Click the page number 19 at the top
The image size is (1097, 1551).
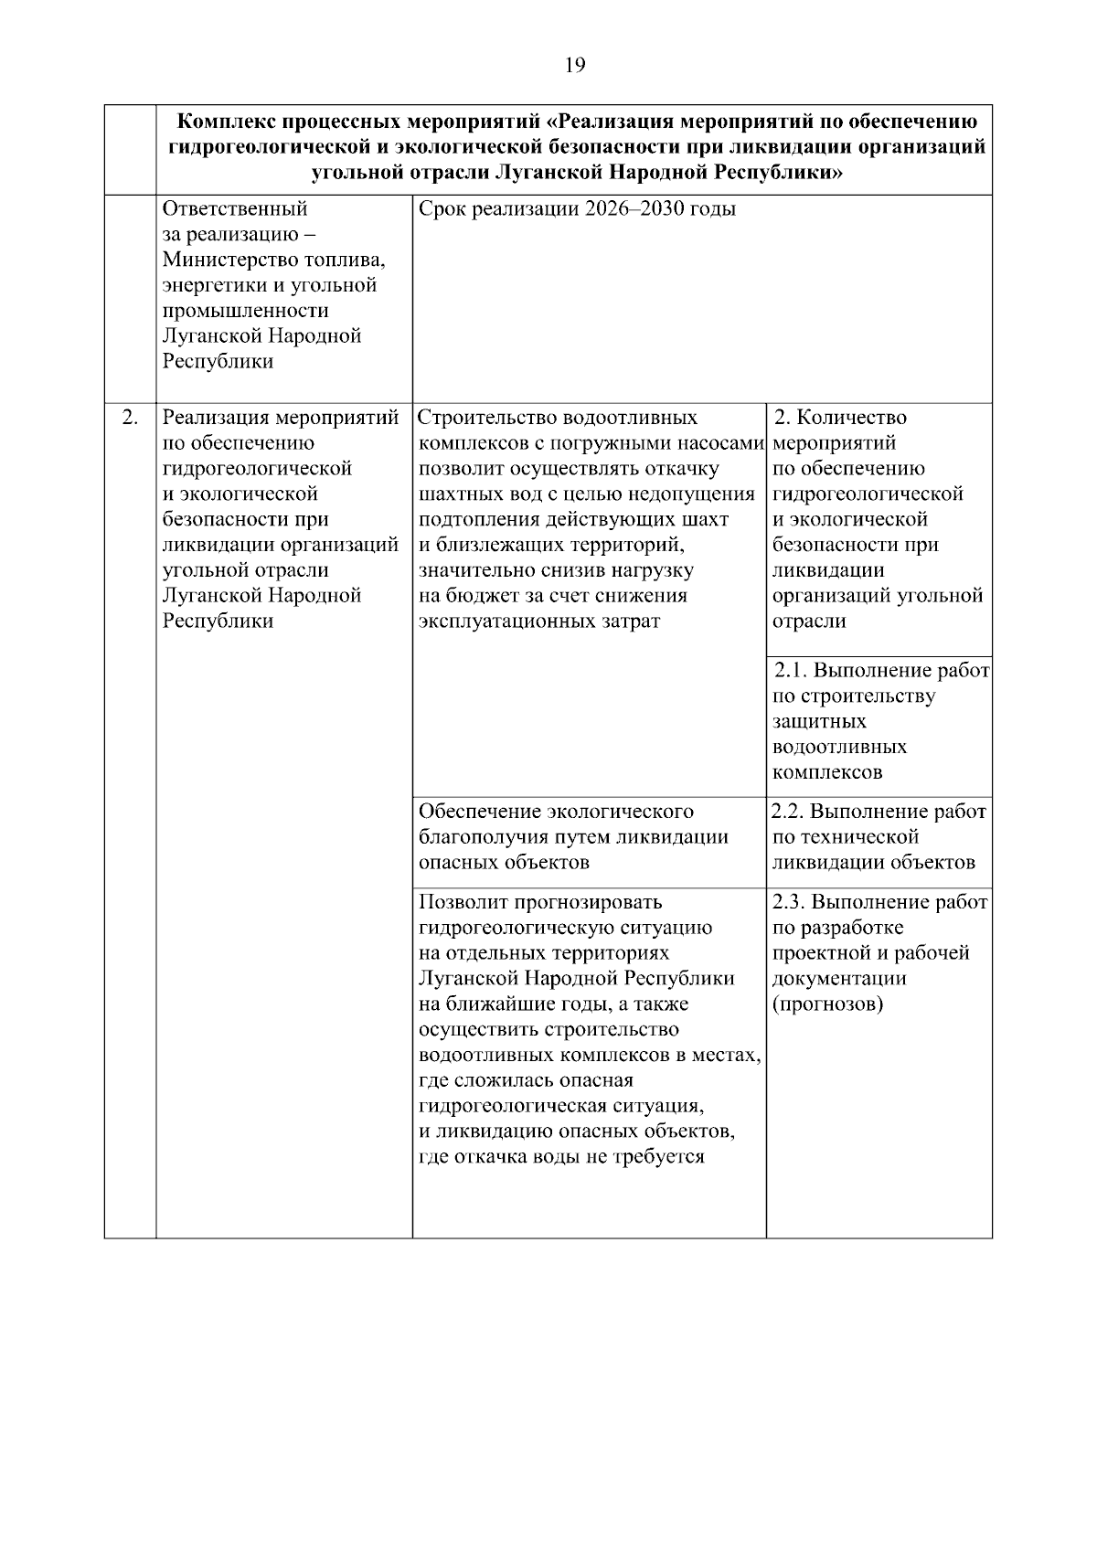click(575, 65)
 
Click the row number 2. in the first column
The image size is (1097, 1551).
click(130, 418)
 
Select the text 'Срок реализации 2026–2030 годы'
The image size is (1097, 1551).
click(577, 209)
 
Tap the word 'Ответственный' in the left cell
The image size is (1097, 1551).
click(235, 209)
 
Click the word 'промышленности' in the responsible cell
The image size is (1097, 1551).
click(245, 311)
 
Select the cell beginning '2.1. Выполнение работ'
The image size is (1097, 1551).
click(879, 722)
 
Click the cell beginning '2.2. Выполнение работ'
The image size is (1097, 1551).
click(879, 836)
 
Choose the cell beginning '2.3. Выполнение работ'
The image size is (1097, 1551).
click(879, 953)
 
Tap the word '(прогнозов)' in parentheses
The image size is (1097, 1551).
click(827, 1004)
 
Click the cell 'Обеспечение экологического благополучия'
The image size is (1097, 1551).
click(573, 836)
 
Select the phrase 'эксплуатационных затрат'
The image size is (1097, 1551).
click(538, 621)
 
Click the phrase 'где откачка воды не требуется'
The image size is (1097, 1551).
click(561, 1157)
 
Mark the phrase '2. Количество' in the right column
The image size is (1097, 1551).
click(840, 418)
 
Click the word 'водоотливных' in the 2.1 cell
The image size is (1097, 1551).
click(839, 747)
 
